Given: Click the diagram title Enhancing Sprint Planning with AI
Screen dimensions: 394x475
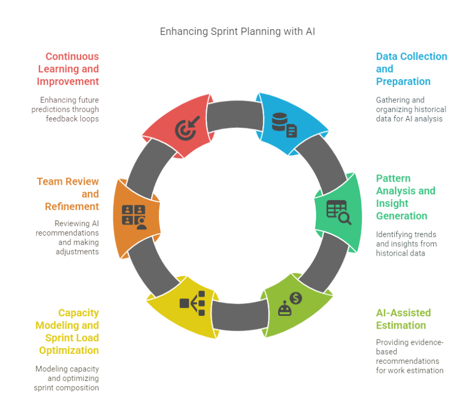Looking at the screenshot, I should [237, 32].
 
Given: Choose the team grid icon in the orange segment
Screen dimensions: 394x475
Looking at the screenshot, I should [134, 217].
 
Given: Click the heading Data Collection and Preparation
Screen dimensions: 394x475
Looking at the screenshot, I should [411, 69].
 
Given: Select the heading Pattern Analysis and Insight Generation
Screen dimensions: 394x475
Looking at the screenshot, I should [405, 197].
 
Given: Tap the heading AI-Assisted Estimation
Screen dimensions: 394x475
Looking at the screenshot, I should [403, 318].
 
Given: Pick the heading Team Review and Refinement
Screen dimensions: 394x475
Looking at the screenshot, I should [68, 194].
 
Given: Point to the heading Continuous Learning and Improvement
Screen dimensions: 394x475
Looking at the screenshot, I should [68, 69].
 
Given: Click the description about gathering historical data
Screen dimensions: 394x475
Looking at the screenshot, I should [411, 109].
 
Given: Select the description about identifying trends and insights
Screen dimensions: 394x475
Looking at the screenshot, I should [406, 243].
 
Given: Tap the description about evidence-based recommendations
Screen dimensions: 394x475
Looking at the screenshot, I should [410, 356].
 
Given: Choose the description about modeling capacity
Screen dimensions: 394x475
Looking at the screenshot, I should [67, 378].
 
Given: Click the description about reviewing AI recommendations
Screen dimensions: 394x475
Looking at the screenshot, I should [68, 237].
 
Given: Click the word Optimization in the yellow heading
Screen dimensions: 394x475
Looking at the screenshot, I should [69, 350].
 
